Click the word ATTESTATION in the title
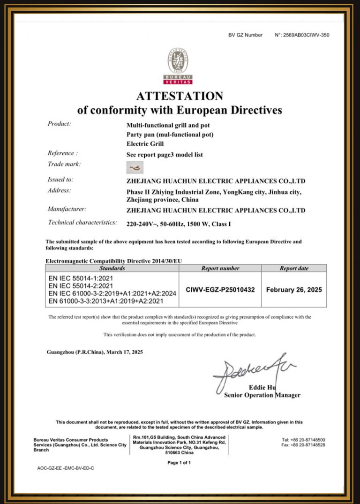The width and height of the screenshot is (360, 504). tap(180, 96)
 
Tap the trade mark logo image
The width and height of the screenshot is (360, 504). tap(135, 167)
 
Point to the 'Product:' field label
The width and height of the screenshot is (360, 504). tap(59, 124)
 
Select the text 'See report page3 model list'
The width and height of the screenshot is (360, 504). tap(165, 155)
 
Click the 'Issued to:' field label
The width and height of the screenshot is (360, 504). tap(60, 180)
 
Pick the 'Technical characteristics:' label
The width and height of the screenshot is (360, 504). tap(82, 223)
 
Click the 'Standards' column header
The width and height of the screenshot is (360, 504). tap(112, 268)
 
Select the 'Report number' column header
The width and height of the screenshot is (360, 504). tap(220, 268)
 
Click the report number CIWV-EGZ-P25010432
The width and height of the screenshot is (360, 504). tap(220, 290)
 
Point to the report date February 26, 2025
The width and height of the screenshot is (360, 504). tap(294, 290)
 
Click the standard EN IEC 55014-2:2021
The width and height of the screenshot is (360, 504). tap(81, 286)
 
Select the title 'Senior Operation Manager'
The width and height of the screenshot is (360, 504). tap(262, 395)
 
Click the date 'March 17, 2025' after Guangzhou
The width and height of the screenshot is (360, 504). tap(126, 352)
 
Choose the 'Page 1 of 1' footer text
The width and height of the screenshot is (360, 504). tap(179, 462)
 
